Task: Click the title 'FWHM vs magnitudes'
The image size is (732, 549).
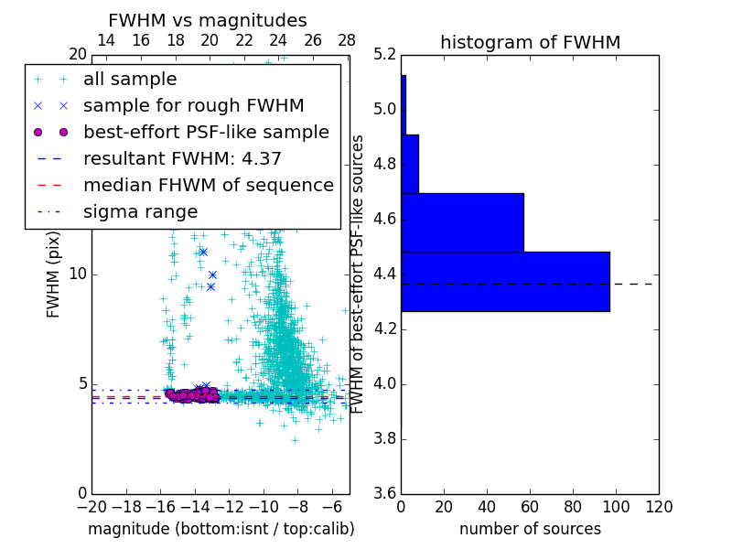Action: point(207,20)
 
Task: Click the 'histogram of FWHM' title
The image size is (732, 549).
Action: point(530,42)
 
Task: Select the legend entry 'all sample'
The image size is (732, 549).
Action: point(130,80)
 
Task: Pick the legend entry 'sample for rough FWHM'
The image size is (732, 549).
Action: point(193,105)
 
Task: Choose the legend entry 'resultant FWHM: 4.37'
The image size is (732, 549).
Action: point(182,158)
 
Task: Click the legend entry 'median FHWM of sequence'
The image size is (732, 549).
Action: point(208,185)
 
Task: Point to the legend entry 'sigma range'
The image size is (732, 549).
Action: point(140,211)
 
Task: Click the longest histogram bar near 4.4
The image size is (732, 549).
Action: point(505,281)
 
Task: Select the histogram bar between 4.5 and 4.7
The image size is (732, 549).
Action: point(462,222)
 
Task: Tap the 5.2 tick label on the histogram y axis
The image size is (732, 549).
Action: point(386,55)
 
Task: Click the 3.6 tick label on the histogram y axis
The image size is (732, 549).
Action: point(386,493)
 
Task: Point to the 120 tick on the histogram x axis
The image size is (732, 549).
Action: point(658,507)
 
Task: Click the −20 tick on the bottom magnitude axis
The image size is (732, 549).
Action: point(91,507)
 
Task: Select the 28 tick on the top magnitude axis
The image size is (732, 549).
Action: point(347,40)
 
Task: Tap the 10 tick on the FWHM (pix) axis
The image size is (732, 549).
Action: point(78,274)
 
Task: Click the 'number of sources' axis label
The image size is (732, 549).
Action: point(530,529)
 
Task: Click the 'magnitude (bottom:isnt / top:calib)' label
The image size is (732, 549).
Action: point(221,529)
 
